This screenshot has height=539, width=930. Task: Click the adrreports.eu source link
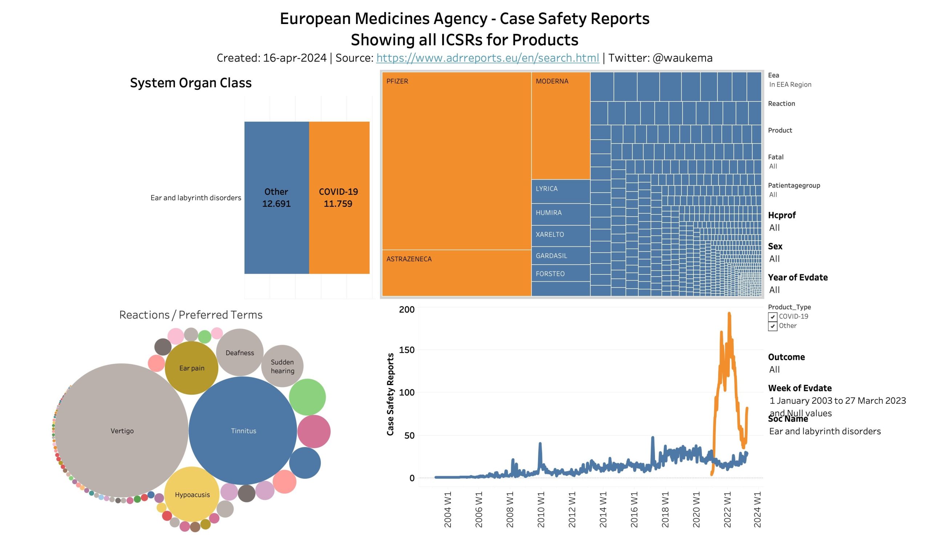point(488,58)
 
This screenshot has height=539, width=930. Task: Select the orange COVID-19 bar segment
point(339,197)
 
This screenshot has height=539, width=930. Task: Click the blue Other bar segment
point(276,197)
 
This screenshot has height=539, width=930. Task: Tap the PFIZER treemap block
point(457,161)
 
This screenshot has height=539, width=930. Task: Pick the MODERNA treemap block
point(561,125)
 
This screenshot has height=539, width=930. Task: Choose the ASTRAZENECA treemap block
point(457,273)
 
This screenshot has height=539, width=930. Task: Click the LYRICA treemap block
point(561,191)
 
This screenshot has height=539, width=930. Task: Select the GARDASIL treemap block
point(561,256)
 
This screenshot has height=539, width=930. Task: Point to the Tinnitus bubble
point(243,430)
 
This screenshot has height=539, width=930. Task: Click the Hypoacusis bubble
point(192,494)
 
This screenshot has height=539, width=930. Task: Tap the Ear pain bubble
point(191,368)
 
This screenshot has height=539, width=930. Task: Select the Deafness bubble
point(240,353)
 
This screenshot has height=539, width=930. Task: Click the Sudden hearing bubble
point(282,366)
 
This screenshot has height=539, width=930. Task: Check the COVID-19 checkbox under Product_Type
point(772,317)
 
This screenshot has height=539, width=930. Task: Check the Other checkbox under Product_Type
point(772,326)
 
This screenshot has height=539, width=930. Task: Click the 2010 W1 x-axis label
point(541,509)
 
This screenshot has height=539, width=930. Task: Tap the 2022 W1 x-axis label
point(727,509)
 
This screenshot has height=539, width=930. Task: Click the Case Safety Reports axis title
point(390,394)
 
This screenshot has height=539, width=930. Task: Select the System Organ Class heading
point(191,83)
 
